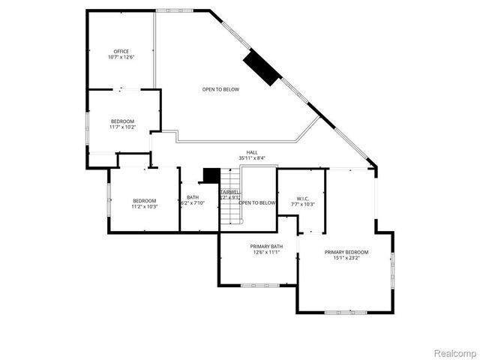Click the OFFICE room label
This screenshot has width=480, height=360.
coord(121,51)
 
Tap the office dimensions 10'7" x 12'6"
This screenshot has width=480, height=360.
coord(121,58)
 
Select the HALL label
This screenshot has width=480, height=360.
coord(252,152)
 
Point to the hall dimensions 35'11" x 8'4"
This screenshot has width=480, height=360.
coord(252,158)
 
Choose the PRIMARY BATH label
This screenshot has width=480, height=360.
coord(266,246)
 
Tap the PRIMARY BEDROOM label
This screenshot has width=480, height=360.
coord(346,252)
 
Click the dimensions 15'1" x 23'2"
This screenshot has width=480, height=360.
coord(346,258)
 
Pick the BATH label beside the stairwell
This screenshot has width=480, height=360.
coord(193,197)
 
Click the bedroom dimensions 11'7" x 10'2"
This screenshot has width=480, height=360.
coord(122,127)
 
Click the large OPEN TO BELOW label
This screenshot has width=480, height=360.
coord(220,89)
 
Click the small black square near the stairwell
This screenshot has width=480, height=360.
coord(211,175)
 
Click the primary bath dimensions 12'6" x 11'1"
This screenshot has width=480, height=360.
coord(266,253)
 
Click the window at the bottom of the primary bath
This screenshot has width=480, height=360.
coord(259,284)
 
